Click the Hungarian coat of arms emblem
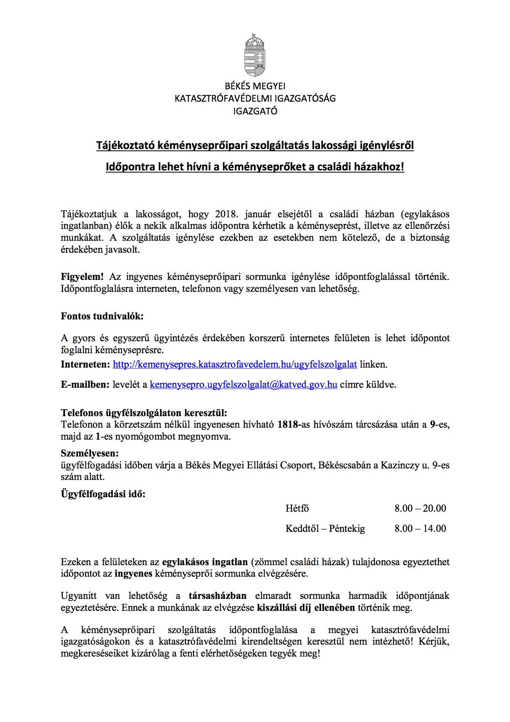255,55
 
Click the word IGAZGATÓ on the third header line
255,111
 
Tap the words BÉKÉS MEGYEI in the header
255,86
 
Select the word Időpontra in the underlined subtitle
131,167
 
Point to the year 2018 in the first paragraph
226,214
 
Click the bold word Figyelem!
82,277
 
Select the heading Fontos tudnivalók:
102,316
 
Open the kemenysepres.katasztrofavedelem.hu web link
235,364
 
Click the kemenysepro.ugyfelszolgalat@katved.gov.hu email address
243,385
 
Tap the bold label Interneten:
86,364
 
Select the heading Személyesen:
90,453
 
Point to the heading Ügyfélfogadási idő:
103,494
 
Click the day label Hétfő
297,508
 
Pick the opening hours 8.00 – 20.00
420,508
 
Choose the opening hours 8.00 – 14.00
420,529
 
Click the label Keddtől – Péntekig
325,529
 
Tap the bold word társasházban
218,596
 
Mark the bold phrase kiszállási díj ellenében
306,608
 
